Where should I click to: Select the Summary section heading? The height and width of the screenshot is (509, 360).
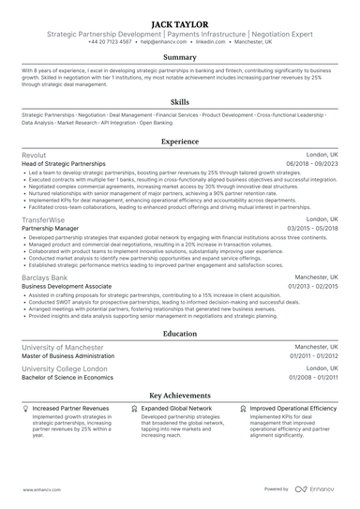click(x=179, y=58)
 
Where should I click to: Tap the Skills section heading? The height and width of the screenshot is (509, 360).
click(x=179, y=101)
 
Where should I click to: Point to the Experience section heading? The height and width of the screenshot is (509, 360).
click(x=179, y=142)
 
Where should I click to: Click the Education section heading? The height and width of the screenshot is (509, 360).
click(x=179, y=333)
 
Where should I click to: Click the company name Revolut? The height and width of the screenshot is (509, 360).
click(x=34, y=155)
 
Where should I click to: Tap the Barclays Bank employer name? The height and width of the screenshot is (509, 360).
click(x=45, y=278)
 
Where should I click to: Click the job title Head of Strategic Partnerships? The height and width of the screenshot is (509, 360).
click(x=64, y=164)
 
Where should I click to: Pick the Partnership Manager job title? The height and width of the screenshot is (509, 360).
click(x=50, y=228)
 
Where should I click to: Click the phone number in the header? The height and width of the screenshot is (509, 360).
click(x=110, y=42)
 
